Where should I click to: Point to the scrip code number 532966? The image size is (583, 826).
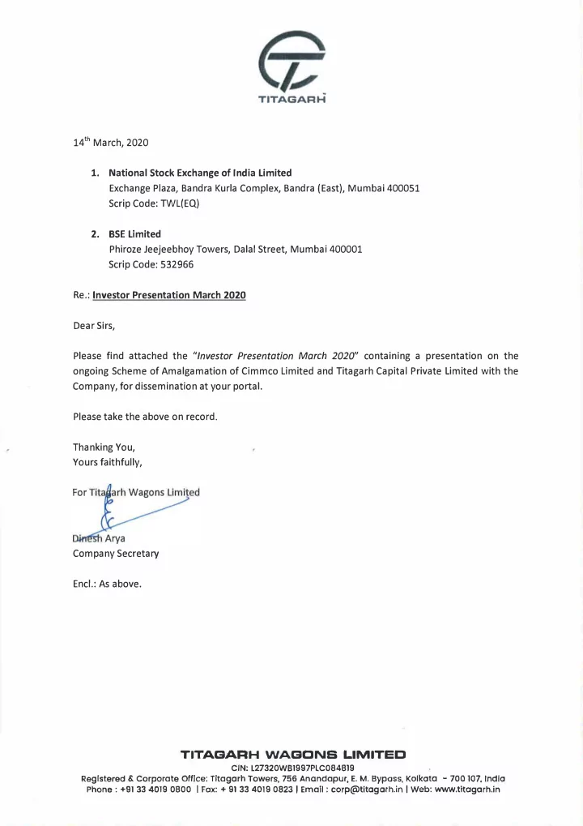tap(176, 264)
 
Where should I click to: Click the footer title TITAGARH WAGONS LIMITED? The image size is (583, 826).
tap(292, 755)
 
